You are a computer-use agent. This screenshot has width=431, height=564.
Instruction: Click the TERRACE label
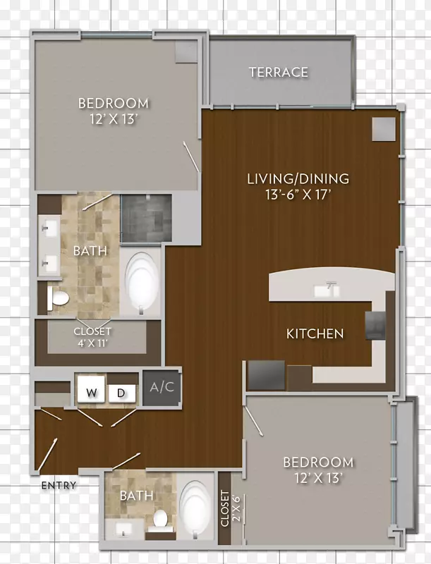[x=279, y=73]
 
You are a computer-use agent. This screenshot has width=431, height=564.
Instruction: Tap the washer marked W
[x=92, y=389]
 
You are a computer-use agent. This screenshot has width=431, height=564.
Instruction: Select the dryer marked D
[x=121, y=393]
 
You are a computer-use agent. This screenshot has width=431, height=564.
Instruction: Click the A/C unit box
[x=162, y=387]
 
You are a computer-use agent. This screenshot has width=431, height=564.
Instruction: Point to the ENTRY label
[x=59, y=486]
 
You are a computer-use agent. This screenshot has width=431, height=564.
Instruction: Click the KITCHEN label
[x=315, y=333]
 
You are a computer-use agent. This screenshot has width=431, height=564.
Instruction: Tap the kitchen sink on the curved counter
[x=326, y=290]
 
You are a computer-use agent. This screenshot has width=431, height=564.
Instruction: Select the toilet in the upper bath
[x=58, y=298]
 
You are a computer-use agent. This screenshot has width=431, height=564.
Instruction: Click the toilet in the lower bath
[x=159, y=520]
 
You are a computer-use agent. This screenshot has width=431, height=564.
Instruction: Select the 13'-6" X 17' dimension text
[x=298, y=195]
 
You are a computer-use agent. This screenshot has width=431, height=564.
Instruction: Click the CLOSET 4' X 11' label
[x=92, y=337]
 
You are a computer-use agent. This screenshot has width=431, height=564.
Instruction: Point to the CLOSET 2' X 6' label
[x=230, y=508]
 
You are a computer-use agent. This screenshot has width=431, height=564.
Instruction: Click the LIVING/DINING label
[x=298, y=179]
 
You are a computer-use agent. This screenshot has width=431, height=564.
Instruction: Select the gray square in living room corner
[x=384, y=129]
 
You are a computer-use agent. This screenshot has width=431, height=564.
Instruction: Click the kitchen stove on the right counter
[x=375, y=326]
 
